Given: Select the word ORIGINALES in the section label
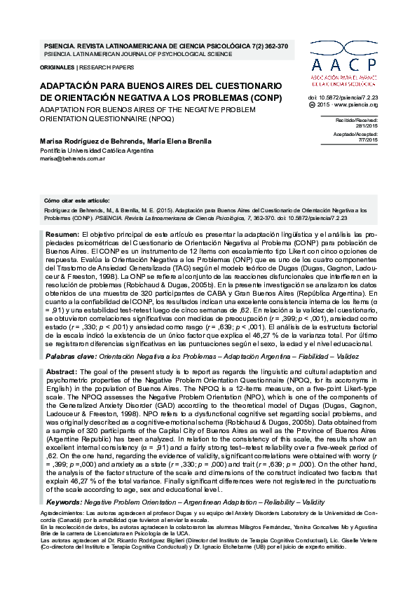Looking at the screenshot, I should [x=57, y=67].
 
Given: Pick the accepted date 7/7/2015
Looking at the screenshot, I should [x=368, y=140].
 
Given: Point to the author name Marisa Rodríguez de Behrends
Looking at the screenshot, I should [x=89, y=142].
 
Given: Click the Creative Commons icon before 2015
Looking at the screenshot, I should [x=313, y=104].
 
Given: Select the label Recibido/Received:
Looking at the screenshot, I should [x=357, y=120].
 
